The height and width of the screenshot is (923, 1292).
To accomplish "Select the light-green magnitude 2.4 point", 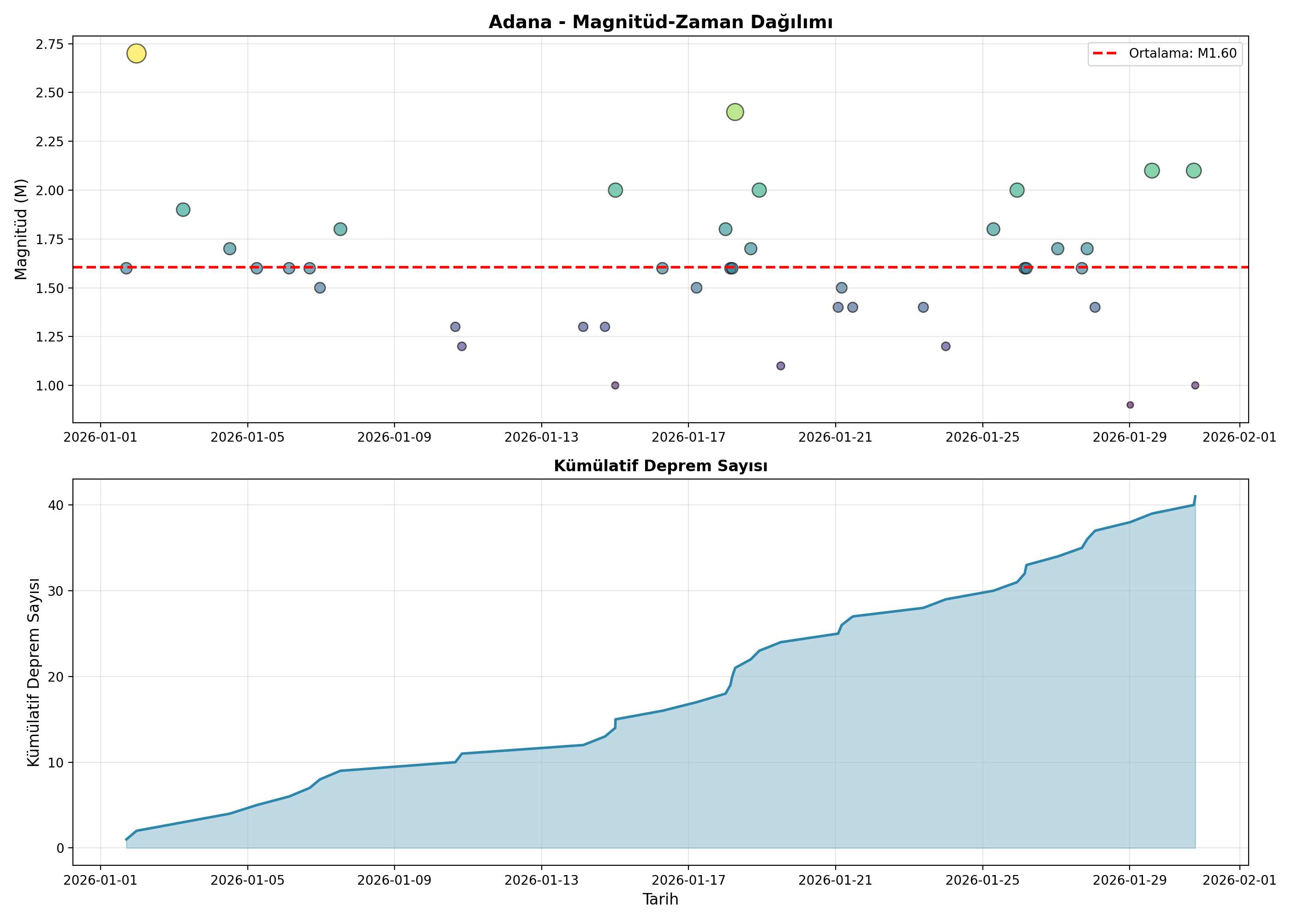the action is pos(735,112).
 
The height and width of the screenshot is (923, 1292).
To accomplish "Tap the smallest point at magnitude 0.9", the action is pos(1130,405).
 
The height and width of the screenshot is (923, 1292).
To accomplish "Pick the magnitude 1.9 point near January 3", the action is pos(183,210).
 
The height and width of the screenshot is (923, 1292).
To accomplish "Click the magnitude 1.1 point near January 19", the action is pos(781,366).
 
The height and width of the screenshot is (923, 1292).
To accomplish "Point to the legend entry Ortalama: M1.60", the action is pos(1165,54).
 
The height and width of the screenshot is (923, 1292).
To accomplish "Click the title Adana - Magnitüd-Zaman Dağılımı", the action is pos(660,22).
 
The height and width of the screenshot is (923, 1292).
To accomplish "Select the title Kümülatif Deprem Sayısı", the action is pos(660,466).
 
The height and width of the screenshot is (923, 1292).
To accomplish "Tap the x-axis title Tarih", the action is pos(660,899).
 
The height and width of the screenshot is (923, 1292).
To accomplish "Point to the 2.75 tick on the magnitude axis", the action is pos(49,44).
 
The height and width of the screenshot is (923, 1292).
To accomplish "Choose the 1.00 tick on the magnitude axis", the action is pos(49,386).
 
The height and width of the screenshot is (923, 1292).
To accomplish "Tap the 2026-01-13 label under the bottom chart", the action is pos(541,881).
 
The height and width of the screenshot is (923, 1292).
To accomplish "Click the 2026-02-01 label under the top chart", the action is pos(1240,437).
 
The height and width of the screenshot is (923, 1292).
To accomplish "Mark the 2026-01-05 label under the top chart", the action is pos(247,437).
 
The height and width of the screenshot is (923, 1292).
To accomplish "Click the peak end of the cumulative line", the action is pos(1196,496).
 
